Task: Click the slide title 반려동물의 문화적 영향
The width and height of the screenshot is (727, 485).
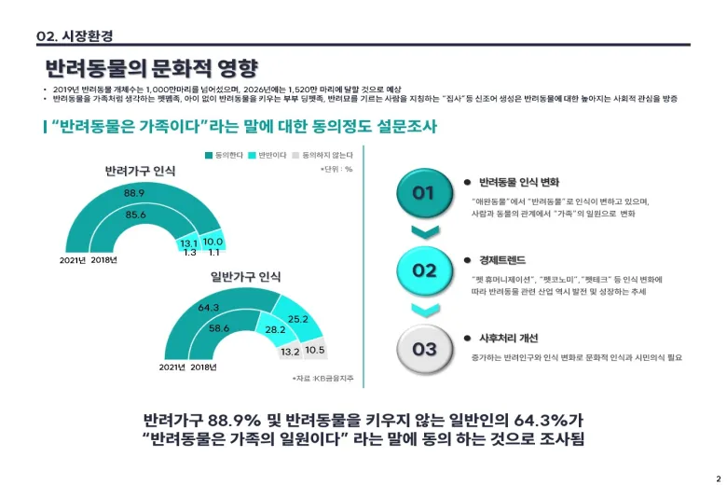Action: pos(151,68)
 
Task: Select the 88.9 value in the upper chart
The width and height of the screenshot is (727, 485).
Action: pos(134,193)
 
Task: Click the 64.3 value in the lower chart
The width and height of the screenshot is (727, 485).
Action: pos(208,308)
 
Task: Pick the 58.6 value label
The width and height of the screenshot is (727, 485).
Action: pos(219,328)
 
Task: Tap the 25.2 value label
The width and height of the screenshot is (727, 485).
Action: pos(298,319)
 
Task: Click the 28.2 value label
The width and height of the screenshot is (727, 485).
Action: pos(276,329)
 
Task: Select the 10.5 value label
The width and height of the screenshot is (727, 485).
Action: pos(315,351)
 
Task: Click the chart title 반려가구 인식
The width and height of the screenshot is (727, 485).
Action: pos(140,172)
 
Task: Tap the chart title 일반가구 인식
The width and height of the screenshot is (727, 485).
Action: pos(245,277)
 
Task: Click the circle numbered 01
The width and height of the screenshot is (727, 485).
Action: pos(424,194)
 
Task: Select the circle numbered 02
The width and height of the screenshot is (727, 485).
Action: pos(424,270)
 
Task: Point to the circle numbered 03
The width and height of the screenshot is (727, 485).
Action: pos(424,349)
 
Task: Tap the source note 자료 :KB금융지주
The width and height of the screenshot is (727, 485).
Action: pos(321,378)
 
